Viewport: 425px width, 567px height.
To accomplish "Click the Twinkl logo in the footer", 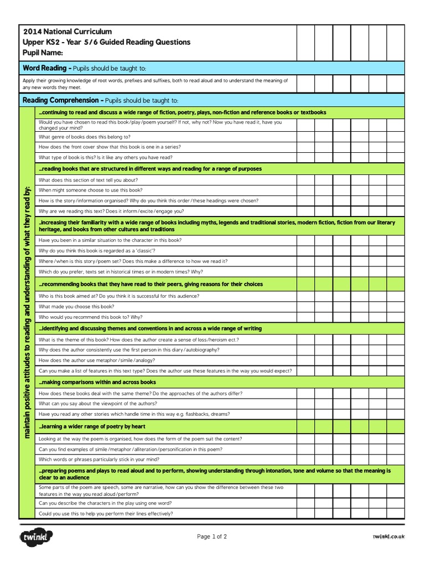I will click(x=36, y=537).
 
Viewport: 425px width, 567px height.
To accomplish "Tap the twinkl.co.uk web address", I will click(x=388, y=537).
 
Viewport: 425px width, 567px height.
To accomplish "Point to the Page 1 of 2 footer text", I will click(x=212, y=537).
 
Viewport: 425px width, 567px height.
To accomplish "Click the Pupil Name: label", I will click(x=43, y=53).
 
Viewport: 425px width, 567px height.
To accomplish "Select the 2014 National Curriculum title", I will click(x=67, y=32).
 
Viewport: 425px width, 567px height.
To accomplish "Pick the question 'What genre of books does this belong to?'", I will click(x=85, y=136).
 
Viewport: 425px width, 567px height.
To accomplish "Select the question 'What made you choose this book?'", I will click(x=76, y=306).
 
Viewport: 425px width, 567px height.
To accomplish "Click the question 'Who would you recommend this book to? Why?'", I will click(x=91, y=317).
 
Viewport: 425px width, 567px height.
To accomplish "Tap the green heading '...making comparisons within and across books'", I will click(x=97, y=382).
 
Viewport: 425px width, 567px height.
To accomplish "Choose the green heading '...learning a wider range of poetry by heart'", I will click(x=92, y=426).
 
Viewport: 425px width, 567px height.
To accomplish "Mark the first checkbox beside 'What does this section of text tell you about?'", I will click(x=305, y=179).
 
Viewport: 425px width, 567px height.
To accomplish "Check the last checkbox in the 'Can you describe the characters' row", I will click(x=395, y=503).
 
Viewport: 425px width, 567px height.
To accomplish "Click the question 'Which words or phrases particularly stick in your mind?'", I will click(x=99, y=459).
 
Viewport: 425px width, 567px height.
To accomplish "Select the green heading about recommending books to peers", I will click(x=151, y=284).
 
